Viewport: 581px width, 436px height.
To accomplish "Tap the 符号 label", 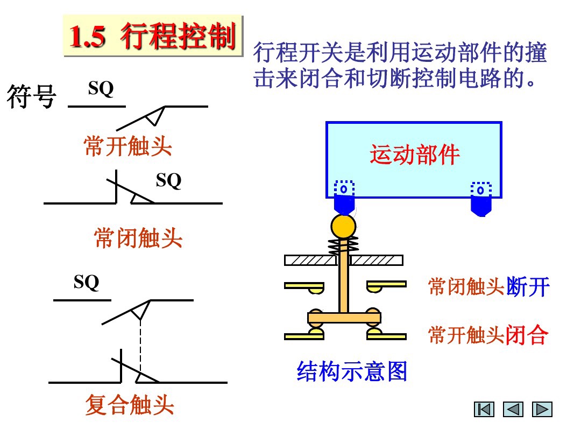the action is click(32, 97).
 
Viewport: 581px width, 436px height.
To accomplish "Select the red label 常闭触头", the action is click(138, 238).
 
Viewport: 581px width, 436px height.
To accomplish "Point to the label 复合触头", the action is click(130, 405).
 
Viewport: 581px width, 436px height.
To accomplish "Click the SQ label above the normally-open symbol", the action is click(101, 89).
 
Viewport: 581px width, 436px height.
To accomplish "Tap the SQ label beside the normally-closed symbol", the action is click(168, 181).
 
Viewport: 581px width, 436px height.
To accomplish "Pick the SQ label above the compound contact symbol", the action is click(87, 282).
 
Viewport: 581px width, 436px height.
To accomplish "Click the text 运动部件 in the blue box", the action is click(414, 155).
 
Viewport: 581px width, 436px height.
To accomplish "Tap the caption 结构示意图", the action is click(352, 371).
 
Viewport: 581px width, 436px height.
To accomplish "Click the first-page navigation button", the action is click(484, 410).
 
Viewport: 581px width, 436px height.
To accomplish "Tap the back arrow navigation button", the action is click(513, 410).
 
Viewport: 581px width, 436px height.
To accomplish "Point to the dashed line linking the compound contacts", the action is click(140, 344).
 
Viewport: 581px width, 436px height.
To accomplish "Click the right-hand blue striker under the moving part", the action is click(481, 201).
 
